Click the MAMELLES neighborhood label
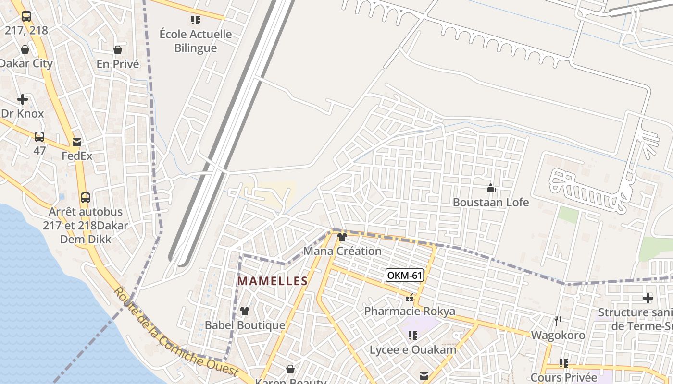point(273,281)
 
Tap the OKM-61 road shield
point(405,275)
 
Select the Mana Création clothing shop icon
point(342,237)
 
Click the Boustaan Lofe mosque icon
point(490,189)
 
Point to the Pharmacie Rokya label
point(410,311)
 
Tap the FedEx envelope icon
point(77,142)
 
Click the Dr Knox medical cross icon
point(23,100)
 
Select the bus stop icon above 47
point(39,137)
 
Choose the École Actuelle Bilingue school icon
point(196,20)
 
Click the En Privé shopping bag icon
point(118,50)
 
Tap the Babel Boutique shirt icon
point(245,311)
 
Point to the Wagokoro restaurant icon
point(558,321)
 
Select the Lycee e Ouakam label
point(412,349)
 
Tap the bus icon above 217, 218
point(26,16)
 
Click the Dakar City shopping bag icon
point(25,50)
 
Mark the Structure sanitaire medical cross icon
point(648,298)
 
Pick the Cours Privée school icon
point(564,363)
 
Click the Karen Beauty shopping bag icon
point(290,369)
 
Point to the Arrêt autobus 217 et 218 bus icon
point(86,197)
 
